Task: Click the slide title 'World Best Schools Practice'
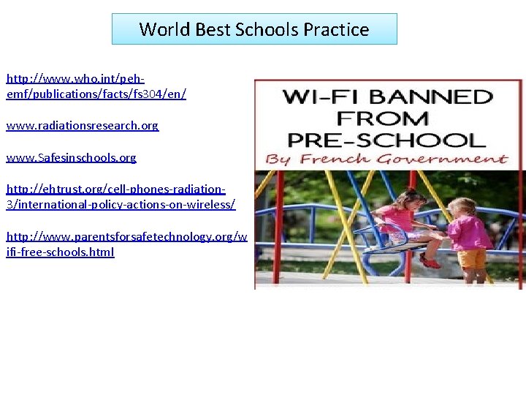tap(254, 29)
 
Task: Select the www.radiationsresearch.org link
tap(82, 126)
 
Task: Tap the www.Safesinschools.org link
tap(71, 157)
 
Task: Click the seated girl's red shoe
tap(430, 261)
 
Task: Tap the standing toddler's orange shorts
tap(473, 258)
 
